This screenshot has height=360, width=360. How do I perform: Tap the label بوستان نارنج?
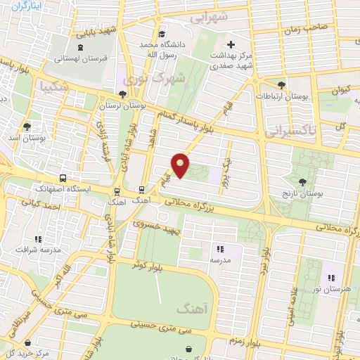pyautogui.click(x=300, y=193)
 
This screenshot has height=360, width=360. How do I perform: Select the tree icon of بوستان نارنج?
pyautogui.click(x=302, y=182)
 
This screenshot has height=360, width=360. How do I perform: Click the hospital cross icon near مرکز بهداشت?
pyautogui.click(x=230, y=44)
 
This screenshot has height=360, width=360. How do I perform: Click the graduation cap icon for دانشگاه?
pyautogui.click(x=162, y=34)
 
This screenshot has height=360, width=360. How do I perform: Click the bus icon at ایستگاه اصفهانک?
pyautogui.click(x=63, y=179)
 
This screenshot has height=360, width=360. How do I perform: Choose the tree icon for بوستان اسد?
pyautogui.click(x=27, y=127)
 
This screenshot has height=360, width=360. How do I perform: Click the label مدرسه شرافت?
pyautogui.click(x=37, y=250)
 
